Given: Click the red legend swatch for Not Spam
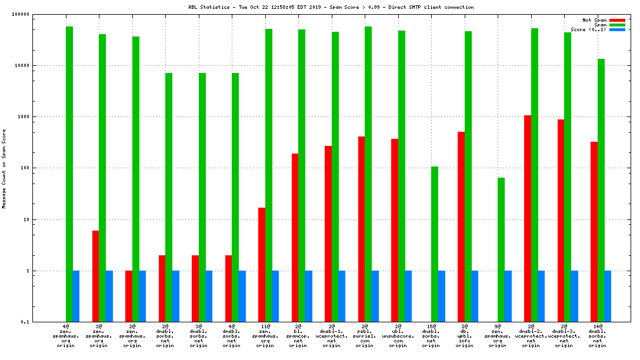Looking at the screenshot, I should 617,20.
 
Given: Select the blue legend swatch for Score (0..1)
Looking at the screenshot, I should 617,29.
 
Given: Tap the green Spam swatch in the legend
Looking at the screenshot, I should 617,25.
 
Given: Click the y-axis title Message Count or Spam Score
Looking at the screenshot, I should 4,169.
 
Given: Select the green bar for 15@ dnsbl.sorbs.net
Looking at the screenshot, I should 435,244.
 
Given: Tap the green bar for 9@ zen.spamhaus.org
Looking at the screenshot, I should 501,249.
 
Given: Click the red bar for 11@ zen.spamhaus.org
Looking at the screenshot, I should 262,265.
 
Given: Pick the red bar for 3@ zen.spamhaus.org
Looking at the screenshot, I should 95,276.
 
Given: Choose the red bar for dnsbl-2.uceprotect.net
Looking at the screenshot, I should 528,218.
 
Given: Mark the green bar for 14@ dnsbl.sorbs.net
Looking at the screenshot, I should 601,190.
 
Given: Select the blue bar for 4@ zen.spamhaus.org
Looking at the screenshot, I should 76,296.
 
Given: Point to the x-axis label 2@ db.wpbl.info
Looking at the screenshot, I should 465,335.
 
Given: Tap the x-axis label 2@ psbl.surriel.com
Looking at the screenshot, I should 365,335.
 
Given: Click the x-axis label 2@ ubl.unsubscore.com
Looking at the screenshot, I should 398,335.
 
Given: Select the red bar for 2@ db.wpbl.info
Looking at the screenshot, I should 461,226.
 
